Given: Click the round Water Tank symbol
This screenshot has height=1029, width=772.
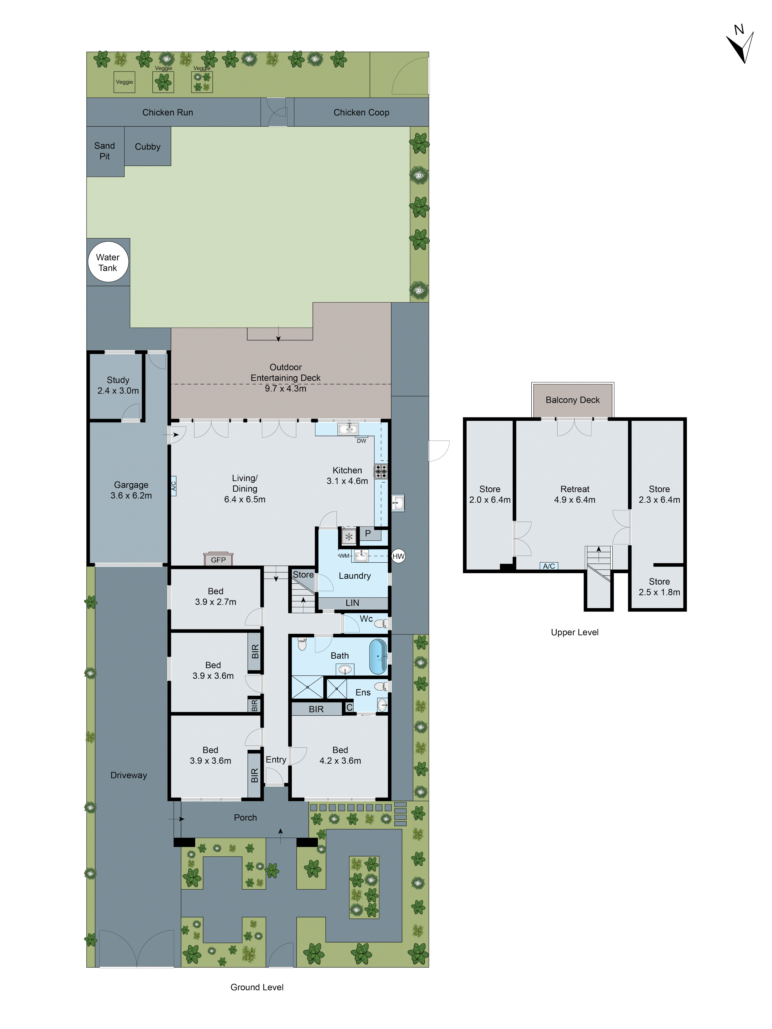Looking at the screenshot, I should pyautogui.click(x=108, y=262).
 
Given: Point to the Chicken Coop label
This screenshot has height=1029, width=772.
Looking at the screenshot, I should pyautogui.click(x=361, y=112).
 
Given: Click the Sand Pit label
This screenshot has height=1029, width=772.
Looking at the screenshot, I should pyautogui.click(x=105, y=151).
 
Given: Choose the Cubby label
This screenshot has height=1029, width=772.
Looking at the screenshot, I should pyautogui.click(x=147, y=147).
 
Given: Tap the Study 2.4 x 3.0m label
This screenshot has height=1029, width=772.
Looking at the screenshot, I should pyautogui.click(x=118, y=385).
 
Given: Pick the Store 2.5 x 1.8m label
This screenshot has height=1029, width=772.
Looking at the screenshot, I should pyautogui.click(x=659, y=587).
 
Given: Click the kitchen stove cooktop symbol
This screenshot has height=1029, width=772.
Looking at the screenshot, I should pyautogui.click(x=381, y=471).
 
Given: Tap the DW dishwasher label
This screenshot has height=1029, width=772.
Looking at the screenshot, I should pyautogui.click(x=361, y=440).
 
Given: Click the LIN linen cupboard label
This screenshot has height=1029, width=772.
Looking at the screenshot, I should pyautogui.click(x=352, y=603).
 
